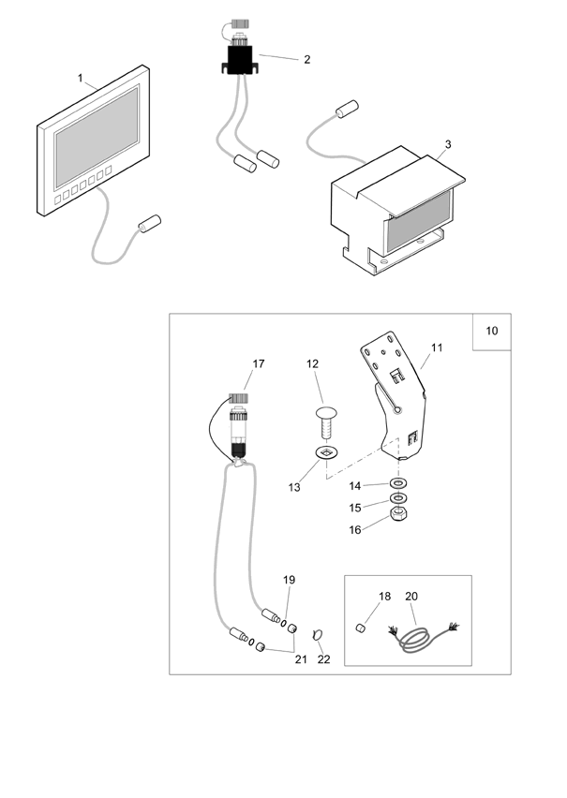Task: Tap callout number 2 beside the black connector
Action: (x=306, y=59)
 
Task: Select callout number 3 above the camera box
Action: (x=448, y=144)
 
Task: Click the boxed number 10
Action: (x=492, y=332)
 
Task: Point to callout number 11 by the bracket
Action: (x=436, y=347)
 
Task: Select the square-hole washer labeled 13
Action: (x=327, y=455)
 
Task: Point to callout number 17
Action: (x=259, y=363)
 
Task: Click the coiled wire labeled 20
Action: (x=417, y=643)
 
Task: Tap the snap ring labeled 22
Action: (x=317, y=636)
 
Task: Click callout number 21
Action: (x=301, y=659)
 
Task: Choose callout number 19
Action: (x=289, y=580)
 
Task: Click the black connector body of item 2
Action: (x=239, y=65)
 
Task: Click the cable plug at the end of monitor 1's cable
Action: (x=150, y=225)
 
